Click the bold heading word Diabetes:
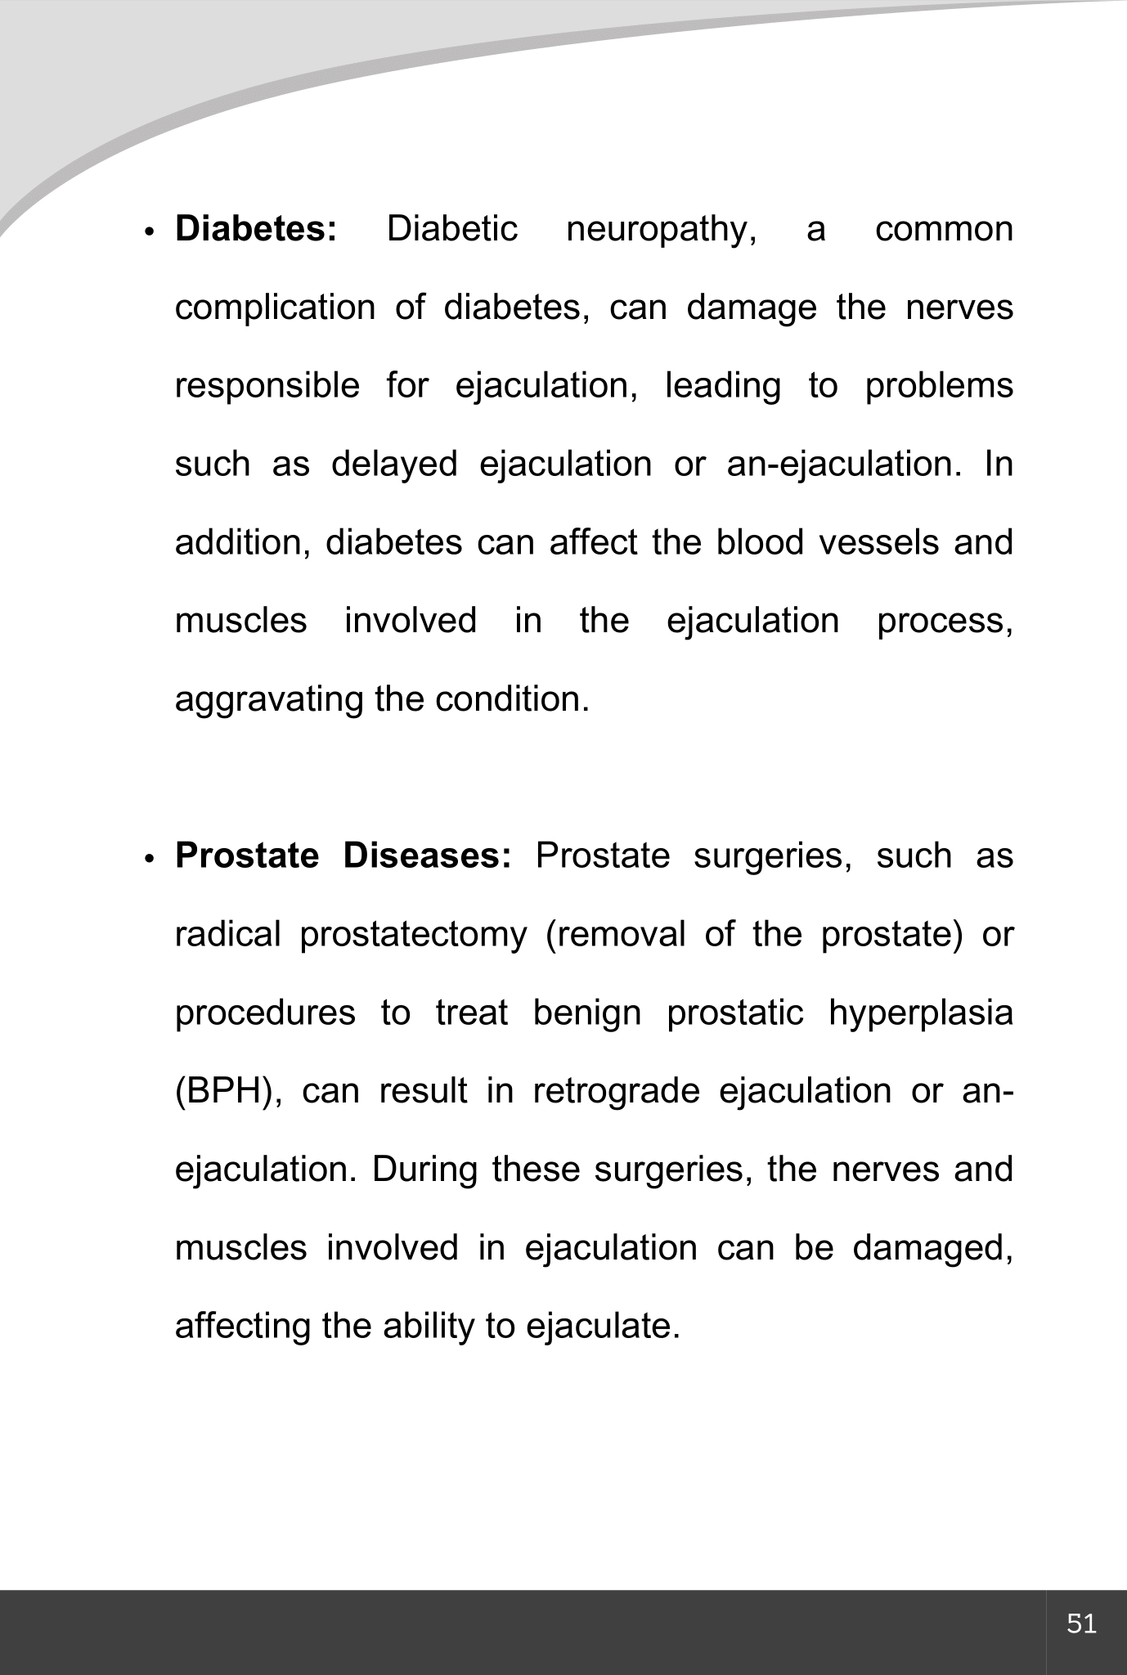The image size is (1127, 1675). (255, 229)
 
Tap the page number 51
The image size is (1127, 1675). (1081, 1623)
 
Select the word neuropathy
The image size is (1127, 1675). (661, 231)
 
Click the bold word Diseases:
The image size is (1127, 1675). (427, 856)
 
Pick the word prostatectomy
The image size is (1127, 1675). (413, 935)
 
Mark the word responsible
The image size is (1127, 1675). (267, 386)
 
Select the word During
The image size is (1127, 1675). (424, 1170)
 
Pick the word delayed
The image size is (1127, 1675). (394, 465)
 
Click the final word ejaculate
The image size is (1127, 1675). (604, 1327)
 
